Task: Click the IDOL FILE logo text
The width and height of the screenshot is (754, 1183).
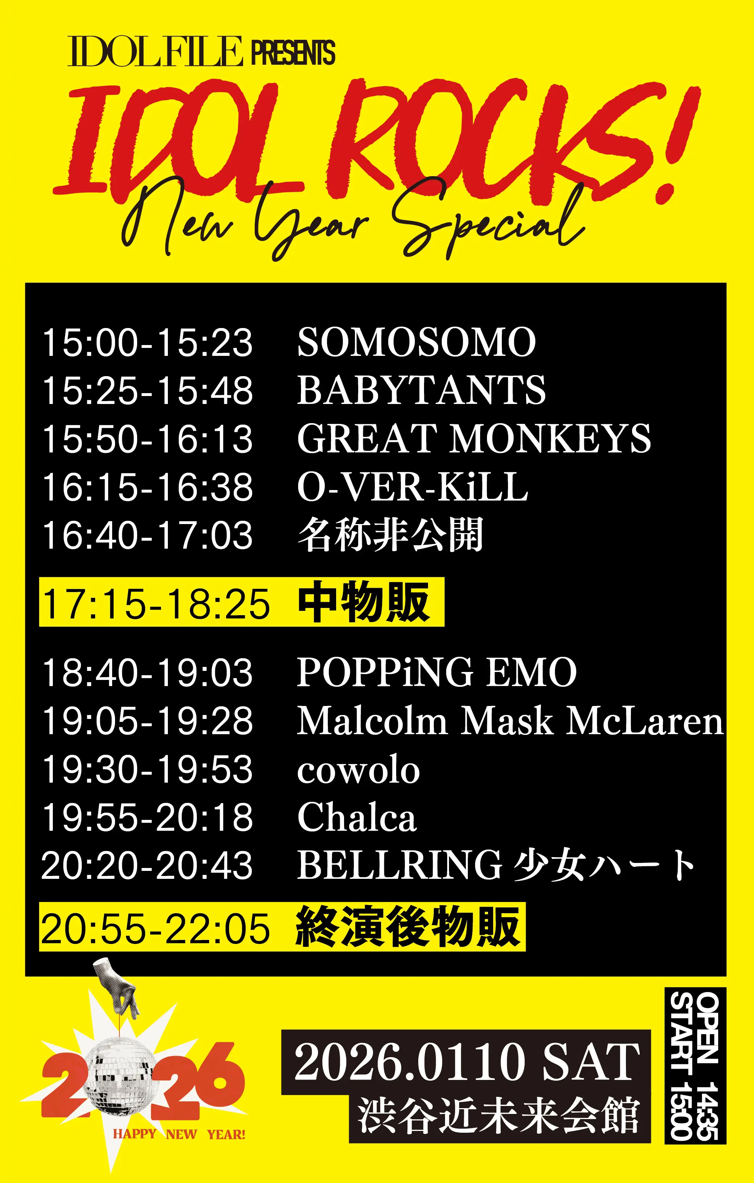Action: point(155,52)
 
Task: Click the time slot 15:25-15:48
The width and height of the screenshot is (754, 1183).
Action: point(148,391)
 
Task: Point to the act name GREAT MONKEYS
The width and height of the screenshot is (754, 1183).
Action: point(474,438)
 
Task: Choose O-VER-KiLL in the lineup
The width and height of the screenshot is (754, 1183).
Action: point(412,486)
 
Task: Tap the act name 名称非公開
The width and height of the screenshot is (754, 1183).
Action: point(390,535)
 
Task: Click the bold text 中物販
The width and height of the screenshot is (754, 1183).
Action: point(364,602)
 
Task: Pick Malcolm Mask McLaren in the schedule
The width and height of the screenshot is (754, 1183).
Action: point(510,721)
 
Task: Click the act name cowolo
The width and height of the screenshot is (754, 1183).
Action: point(358,770)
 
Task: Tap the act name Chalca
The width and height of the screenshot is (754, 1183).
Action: point(357,817)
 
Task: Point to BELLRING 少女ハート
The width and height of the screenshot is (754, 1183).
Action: point(495,865)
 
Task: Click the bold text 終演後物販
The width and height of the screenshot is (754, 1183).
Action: point(407,927)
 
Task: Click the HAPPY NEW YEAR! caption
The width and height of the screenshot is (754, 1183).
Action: point(179,1135)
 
